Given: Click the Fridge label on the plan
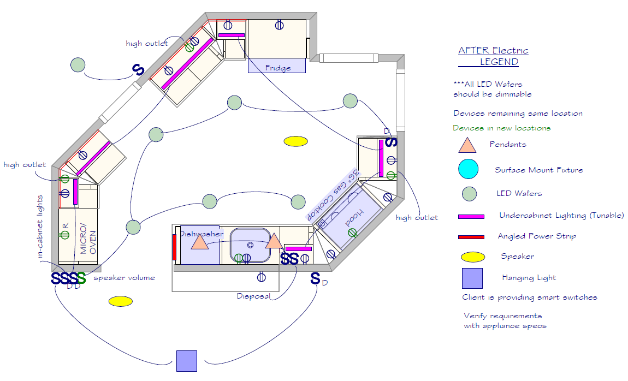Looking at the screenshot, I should [277, 68].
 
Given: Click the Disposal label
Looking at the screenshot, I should [253, 296].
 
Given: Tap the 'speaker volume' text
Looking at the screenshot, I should [124, 278].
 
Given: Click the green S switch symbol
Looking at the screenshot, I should [81, 278].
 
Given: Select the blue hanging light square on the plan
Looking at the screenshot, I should [186, 361].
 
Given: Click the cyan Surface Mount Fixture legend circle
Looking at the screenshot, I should [469, 169].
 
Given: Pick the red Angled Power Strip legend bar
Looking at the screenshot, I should [471, 237].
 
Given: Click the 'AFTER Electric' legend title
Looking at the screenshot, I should [493, 51].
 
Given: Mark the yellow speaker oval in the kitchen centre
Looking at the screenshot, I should [296, 141].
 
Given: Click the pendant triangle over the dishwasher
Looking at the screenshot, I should [200, 242].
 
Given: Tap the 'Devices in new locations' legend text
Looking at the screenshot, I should [501, 128].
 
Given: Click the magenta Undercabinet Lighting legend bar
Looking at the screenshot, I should [471, 217].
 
